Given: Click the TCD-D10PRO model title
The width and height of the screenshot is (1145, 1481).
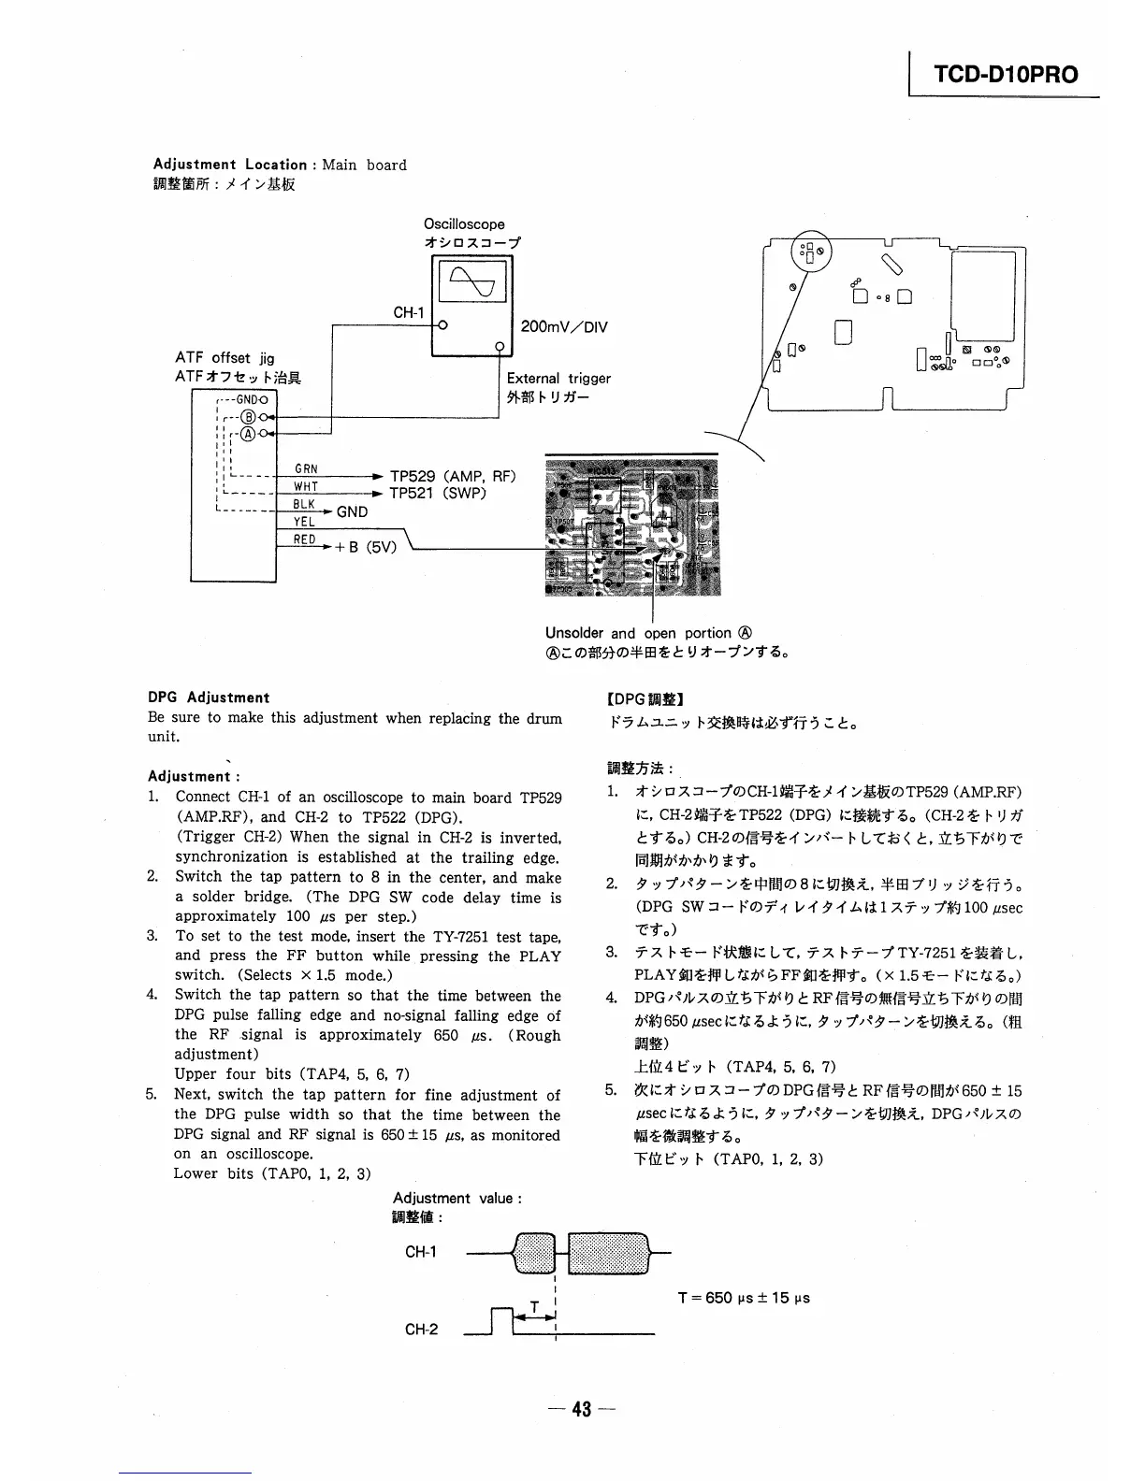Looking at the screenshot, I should tap(1005, 75).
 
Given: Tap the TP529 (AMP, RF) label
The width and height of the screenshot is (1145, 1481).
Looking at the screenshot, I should tap(452, 475).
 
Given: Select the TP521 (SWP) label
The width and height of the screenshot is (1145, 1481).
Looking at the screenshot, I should tap(437, 493).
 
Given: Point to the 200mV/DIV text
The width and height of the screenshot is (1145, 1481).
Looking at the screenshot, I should tap(563, 327).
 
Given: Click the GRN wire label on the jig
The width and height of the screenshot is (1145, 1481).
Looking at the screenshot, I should tap(306, 469).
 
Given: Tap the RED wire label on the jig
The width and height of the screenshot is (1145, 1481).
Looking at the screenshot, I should tap(305, 539).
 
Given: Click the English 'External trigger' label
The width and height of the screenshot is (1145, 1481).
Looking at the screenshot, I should tap(558, 379).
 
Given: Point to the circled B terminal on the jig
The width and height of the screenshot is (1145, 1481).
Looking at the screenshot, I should tap(249, 417).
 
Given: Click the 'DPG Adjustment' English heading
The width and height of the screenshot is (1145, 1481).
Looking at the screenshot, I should tap(209, 697).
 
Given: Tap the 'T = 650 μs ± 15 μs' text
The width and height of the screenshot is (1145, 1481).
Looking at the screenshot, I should tap(744, 1298).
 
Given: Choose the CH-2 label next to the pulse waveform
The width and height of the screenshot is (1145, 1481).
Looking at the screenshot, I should tap(421, 1329).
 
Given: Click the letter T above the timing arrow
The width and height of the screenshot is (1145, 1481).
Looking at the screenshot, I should tap(534, 1306).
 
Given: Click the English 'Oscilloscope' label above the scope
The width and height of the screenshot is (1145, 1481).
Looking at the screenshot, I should tap(464, 224).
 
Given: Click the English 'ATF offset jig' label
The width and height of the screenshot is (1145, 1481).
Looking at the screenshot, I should tap(225, 358).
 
